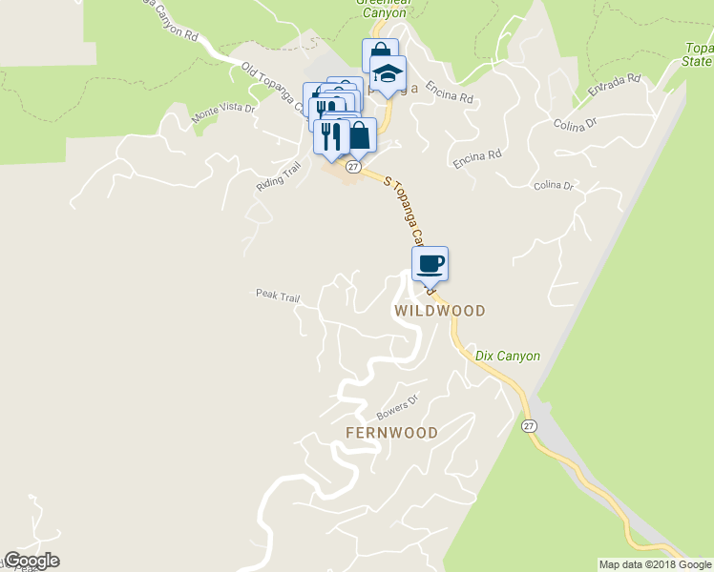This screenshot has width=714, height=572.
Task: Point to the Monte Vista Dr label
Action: click(x=224, y=113)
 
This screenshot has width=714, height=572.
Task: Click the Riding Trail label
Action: click(x=278, y=177)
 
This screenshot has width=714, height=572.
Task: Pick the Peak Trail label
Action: click(x=277, y=296)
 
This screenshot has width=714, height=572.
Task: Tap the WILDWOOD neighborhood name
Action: click(x=440, y=311)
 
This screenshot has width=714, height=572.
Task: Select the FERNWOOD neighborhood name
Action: click(x=391, y=433)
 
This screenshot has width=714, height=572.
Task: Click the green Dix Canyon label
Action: click(x=508, y=356)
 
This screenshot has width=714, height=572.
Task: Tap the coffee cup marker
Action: click(x=430, y=264)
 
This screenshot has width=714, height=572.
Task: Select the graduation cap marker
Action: click(x=388, y=73)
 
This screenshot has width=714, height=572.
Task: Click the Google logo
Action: click(x=31, y=561)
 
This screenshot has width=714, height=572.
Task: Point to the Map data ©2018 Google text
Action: click(x=655, y=564)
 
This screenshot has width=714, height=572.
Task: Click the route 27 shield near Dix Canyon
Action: click(x=529, y=426)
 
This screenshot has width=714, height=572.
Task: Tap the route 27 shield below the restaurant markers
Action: click(x=353, y=167)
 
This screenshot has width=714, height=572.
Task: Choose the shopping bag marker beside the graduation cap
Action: click(x=379, y=55)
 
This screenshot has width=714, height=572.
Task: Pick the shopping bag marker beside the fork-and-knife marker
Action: click(x=359, y=135)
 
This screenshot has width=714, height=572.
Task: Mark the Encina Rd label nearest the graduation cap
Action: click(x=454, y=97)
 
